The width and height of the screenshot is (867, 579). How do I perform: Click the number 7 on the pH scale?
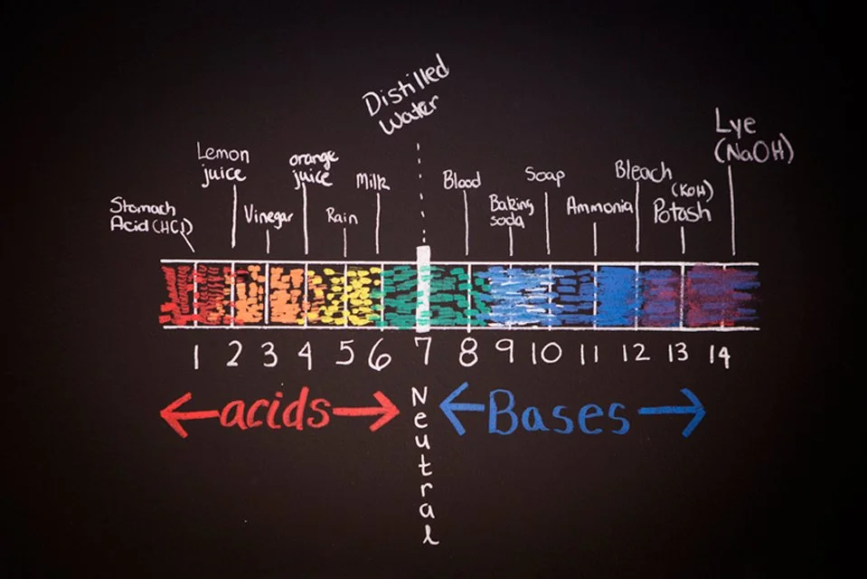(425, 351)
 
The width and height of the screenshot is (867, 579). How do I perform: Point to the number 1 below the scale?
(196, 355)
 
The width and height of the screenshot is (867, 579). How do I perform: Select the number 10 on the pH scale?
(546, 352)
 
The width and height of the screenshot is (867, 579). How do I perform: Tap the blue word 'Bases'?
(559, 413)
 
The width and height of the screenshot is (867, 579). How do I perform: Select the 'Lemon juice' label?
(222, 163)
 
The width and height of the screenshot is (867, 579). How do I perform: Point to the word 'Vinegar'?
(268, 215)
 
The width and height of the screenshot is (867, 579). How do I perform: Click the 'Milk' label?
(372, 181)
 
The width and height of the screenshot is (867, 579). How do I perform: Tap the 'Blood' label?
(462, 180)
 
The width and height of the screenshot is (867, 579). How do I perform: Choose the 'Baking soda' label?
(512, 211)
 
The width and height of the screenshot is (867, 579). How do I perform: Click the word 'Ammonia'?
(599, 207)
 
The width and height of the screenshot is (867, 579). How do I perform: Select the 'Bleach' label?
(643, 172)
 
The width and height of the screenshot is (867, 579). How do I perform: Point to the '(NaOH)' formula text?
(754, 150)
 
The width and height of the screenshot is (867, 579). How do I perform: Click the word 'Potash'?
(682, 212)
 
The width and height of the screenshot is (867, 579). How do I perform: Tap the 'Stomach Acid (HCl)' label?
(151, 215)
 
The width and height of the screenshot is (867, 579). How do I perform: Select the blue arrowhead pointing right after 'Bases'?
(692, 413)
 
